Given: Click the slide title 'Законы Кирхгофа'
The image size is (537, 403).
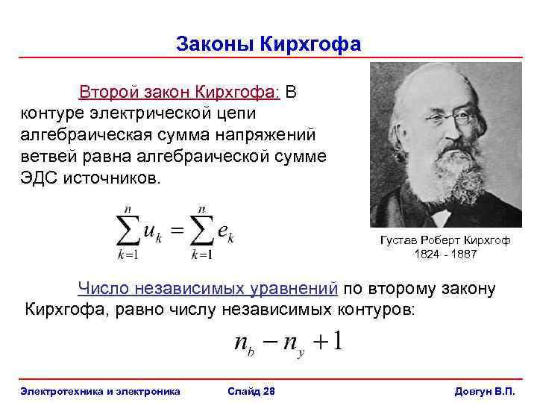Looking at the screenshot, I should (x=268, y=44).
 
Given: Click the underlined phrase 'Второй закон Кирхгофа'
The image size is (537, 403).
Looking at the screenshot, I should (x=178, y=93).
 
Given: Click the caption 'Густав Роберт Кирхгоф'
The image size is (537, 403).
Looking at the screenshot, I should (x=445, y=240).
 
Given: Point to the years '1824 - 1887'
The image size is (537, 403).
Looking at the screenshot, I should (x=445, y=254).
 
